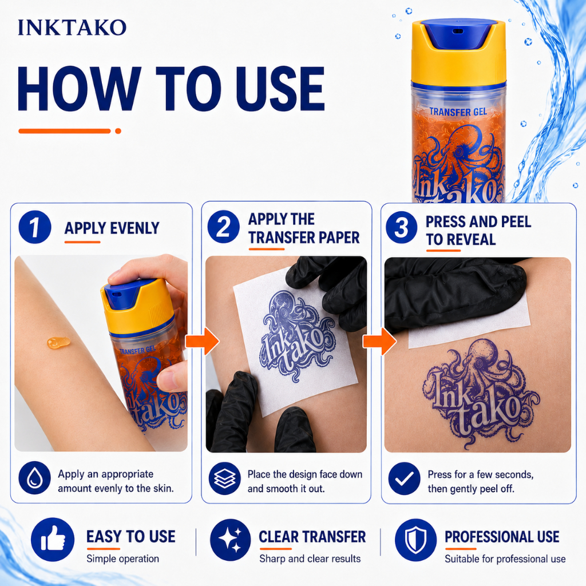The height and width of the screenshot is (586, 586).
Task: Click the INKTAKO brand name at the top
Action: coord(72,27)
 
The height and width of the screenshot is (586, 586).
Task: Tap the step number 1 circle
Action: coord(35,227)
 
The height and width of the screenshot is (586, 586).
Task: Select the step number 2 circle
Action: coord(224,227)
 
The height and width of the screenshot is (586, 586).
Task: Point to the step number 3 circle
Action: coord(401,227)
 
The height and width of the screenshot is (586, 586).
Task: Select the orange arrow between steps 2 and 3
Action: coord(379,341)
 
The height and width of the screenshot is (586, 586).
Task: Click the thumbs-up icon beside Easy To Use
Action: coord(53,539)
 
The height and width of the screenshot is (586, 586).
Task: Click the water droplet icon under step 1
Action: coord(34,478)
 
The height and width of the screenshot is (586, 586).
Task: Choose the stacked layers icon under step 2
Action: coord(224,478)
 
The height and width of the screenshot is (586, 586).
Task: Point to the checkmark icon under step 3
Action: coord(405,478)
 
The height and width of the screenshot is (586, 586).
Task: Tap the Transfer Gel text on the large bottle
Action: coord(458,112)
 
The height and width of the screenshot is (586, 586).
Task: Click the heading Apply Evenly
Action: coord(112,228)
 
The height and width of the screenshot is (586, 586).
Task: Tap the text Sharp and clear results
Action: coord(310,559)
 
